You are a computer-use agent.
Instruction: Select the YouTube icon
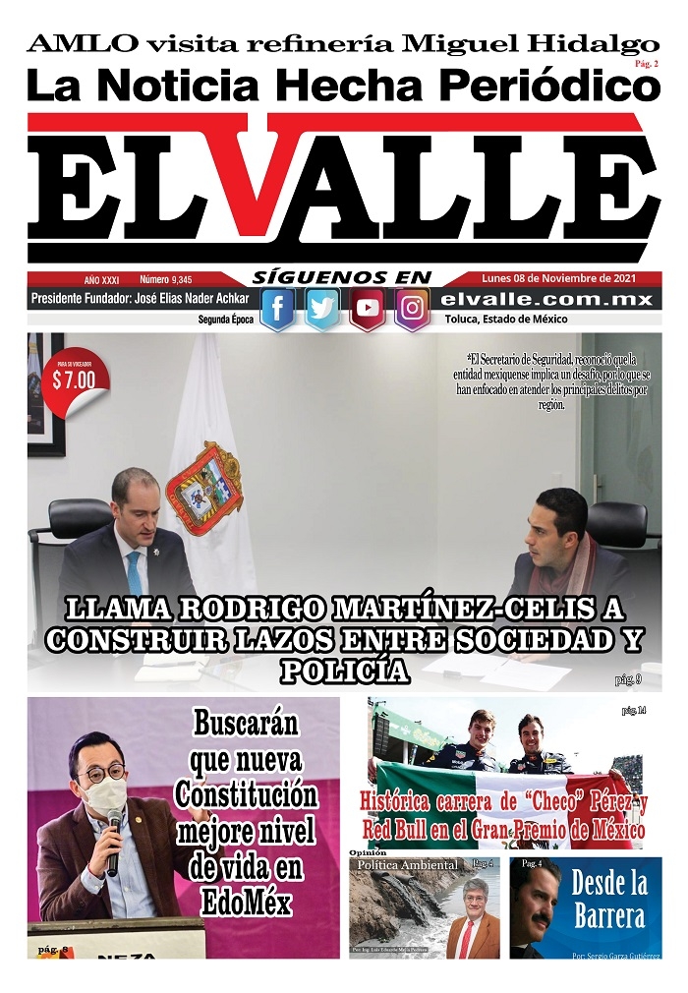click(x=367, y=309)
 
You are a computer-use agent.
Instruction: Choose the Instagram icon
click(x=412, y=309)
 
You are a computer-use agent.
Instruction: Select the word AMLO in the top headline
click(x=82, y=44)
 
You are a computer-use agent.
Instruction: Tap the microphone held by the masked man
click(x=113, y=841)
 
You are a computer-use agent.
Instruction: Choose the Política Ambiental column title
click(x=408, y=864)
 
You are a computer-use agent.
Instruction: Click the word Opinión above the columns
click(x=369, y=852)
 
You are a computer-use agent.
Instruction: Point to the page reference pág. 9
click(x=628, y=678)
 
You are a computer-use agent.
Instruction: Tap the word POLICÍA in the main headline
click(x=343, y=672)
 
